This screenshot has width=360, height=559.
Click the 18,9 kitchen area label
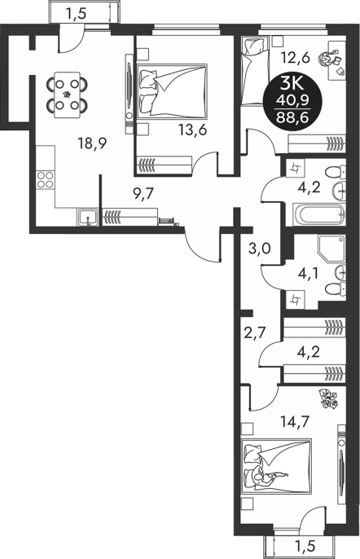click(93, 144)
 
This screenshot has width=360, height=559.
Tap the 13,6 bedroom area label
click(193, 131)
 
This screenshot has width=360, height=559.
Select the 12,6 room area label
click(295, 57)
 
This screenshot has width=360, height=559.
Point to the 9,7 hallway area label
click(143, 194)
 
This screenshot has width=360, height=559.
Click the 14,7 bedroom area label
click(294, 421)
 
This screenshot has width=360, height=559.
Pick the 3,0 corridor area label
click(260, 248)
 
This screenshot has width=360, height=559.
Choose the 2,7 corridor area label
click(254, 334)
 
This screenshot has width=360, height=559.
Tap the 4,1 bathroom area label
click(309, 274)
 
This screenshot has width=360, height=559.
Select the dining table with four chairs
click(67, 95)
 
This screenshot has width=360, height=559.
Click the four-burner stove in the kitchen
click(46, 180)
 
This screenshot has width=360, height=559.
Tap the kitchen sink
click(88, 217)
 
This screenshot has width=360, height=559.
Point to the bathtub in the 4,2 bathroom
click(319, 214)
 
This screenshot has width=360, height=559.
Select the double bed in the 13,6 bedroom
click(172, 91)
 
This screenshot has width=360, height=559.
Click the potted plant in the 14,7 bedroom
click(328, 398)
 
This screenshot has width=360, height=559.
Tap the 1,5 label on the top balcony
click(77, 14)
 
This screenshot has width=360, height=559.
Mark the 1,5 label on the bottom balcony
click(305, 546)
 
